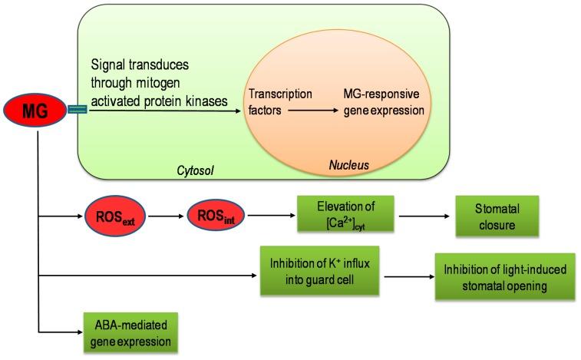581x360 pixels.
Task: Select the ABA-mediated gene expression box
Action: pyautogui.click(x=130, y=332)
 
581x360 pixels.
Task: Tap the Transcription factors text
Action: pyautogui.click(x=280, y=102)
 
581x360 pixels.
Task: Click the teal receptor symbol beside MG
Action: pyautogui.click(x=78, y=111)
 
